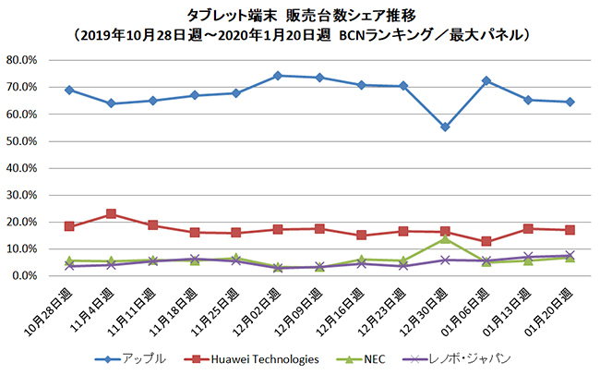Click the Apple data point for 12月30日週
coord(445,127)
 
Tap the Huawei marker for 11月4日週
coord(111,213)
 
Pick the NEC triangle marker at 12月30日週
coord(445,238)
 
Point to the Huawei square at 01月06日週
coord(486,241)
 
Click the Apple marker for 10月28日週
coord(69,90)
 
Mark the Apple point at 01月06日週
coord(486,80)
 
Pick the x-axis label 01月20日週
coord(557,309)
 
